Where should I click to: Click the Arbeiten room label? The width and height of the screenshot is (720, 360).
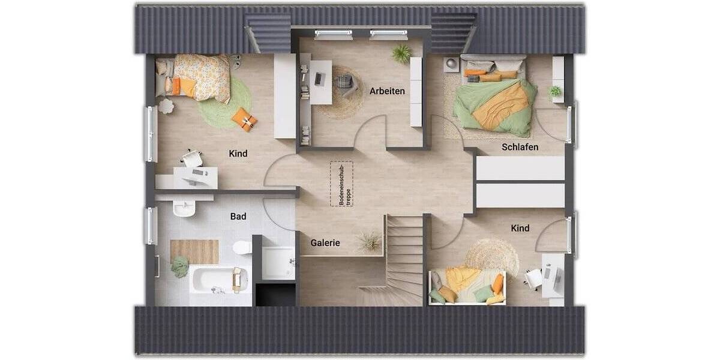click(x=387, y=91)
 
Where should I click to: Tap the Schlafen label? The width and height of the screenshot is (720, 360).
click(x=520, y=147)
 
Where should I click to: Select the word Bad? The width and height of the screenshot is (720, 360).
click(x=238, y=217)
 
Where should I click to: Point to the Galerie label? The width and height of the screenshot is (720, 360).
click(x=325, y=243)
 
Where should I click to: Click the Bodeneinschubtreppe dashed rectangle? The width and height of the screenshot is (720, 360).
click(x=341, y=184)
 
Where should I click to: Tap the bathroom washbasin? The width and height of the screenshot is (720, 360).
click(x=184, y=208)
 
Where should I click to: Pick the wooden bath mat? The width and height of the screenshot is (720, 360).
click(x=194, y=251)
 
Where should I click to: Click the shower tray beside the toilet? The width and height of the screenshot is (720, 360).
click(x=278, y=262)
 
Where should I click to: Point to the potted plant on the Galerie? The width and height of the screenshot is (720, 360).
click(x=368, y=241)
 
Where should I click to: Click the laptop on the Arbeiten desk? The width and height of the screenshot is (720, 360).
click(x=319, y=77)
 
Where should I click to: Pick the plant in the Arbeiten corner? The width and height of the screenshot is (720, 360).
click(x=401, y=53)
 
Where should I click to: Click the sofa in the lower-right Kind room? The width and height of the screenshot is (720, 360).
click(x=468, y=287)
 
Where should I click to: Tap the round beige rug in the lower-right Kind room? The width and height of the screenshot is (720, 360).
click(x=492, y=257)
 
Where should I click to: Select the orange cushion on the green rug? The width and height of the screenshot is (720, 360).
click(x=245, y=119)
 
